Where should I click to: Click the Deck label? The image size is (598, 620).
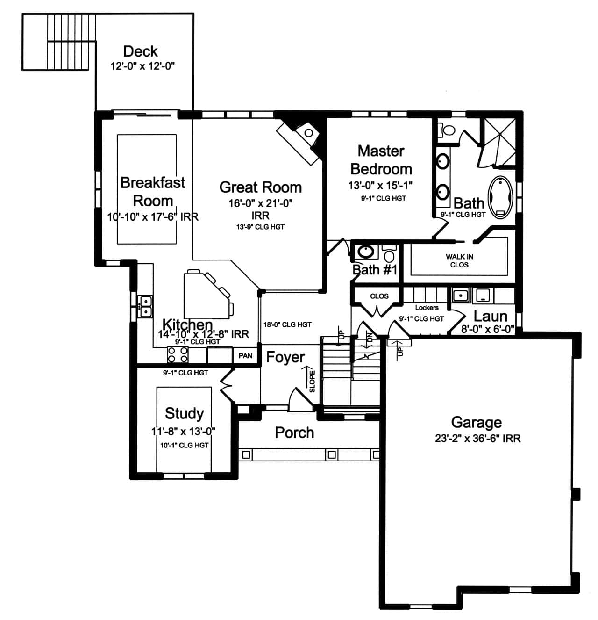pos(140,51)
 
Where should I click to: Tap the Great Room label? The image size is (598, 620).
pos(260,187)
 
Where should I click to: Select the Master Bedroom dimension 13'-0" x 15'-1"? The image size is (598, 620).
pos(380,185)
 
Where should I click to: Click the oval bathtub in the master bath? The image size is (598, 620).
pos(500,197)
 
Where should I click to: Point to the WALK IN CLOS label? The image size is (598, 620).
pos(459,260)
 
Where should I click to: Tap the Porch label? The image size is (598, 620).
pos(294,433)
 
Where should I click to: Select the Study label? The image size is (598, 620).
pos(184,413)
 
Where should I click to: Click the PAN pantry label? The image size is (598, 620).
pos(245,355)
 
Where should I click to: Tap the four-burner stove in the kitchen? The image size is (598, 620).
pos(178,354)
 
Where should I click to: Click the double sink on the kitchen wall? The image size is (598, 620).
pos(146,306)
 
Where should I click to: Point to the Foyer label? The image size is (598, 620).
pos(285,357)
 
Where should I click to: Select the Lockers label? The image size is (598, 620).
pos(427,308)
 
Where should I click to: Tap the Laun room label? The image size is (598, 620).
pos(490,316)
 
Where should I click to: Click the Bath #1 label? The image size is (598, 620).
pos(375,269)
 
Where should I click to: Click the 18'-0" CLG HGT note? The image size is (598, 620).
pos(287,324)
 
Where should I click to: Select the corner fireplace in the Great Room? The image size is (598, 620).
pos(301,138)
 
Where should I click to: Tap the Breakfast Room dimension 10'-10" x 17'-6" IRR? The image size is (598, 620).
pos(153,216)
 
